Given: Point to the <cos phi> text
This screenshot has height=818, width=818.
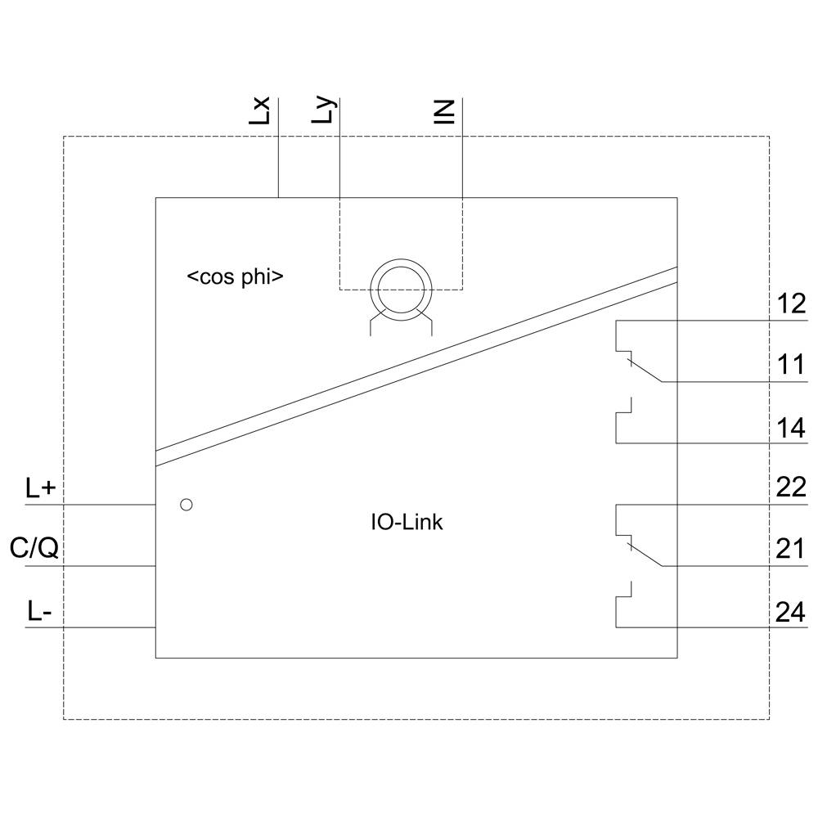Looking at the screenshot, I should [236, 276].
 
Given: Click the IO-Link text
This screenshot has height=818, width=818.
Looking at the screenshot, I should [407, 522].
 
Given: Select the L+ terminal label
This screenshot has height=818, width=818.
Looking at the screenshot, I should [40, 489].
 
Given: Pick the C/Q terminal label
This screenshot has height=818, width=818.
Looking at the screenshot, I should [34, 548].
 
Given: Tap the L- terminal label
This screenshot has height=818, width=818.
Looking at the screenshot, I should [38, 612].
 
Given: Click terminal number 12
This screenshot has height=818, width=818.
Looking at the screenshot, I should [789, 304].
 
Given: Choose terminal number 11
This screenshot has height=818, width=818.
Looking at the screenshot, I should [789, 365].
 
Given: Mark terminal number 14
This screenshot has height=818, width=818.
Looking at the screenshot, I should [789, 427].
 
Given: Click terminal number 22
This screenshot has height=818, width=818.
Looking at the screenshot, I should [789, 488].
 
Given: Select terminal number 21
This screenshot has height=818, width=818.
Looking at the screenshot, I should [789, 548].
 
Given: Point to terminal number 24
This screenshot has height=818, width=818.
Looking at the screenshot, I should [789, 612].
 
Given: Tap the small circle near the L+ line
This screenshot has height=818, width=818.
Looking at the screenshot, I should [186, 505].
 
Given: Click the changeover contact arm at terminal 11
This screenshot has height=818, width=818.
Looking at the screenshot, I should [645, 370].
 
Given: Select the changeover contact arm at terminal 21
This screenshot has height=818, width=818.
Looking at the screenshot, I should [645, 554].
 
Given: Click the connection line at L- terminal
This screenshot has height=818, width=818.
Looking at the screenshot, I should [90, 627].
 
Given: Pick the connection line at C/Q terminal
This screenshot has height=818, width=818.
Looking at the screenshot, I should [90, 566].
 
